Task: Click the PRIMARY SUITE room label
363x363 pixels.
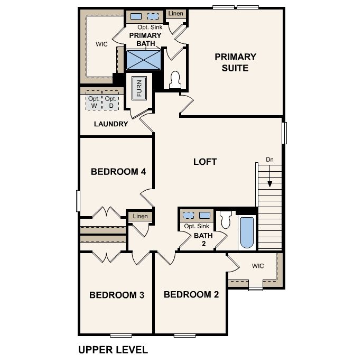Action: [x=235, y=62]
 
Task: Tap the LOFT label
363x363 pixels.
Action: [x=205, y=162]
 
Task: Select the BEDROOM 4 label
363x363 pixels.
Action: [x=118, y=172]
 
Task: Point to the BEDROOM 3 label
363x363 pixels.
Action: [x=117, y=295]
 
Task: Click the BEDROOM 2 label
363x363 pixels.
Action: [x=191, y=294]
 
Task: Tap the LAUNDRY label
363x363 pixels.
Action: [x=111, y=124]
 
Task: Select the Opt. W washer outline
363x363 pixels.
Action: [x=94, y=102]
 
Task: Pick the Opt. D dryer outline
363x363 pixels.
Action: [x=110, y=102]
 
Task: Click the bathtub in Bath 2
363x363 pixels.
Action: [x=247, y=232]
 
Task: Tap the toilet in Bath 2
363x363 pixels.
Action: [x=226, y=219]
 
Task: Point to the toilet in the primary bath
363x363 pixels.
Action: [x=175, y=79]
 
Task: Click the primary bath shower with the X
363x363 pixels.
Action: [x=144, y=60]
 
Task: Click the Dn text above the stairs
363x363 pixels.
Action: [x=269, y=159]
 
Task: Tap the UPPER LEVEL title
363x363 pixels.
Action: [x=113, y=350]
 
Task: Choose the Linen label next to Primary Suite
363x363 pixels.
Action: [x=175, y=13]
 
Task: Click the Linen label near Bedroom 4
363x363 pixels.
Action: [x=141, y=216]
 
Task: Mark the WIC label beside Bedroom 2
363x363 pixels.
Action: [x=258, y=266]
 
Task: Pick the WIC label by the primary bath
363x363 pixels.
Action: [x=102, y=44]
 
